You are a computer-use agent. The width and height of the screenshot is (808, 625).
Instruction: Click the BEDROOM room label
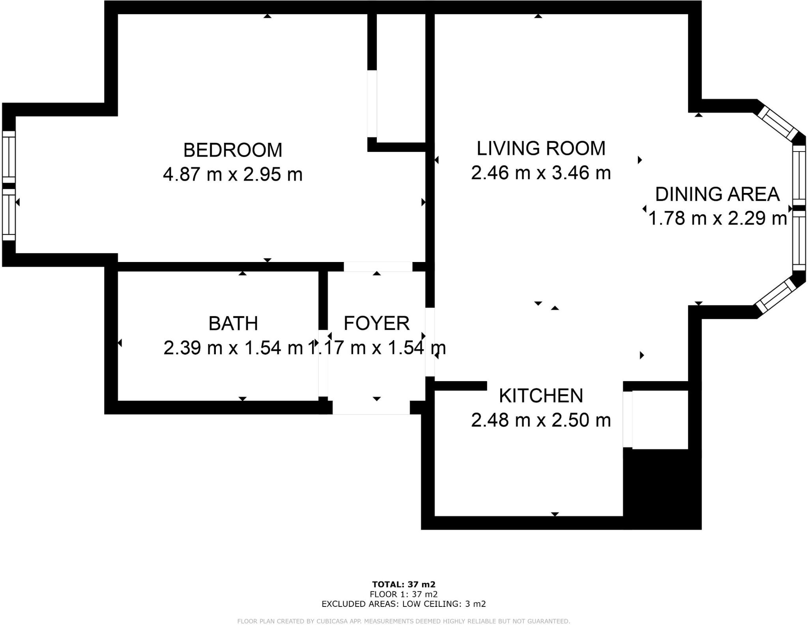pyautogui.click(x=232, y=150)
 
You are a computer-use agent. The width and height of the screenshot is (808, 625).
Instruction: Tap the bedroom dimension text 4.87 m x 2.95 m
pyautogui.click(x=232, y=174)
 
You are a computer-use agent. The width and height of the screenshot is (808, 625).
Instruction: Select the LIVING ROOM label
pyautogui.click(x=541, y=149)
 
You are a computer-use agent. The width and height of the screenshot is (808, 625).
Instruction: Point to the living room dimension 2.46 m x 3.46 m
pyautogui.click(x=541, y=173)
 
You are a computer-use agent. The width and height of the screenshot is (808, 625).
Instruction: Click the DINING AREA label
pyautogui.click(x=717, y=195)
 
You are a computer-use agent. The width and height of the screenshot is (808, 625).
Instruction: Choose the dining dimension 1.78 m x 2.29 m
pyautogui.click(x=717, y=218)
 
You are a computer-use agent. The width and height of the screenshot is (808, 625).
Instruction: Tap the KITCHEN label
pyautogui.click(x=541, y=396)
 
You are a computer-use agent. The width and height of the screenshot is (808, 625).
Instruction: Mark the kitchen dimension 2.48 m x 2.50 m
pyautogui.click(x=541, y=420)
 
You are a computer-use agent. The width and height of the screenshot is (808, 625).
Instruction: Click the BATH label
pyautogui.click(x=233, y=324)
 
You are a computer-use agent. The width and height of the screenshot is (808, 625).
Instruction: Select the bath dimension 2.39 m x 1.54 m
pyautogui.click(x=233, y=348)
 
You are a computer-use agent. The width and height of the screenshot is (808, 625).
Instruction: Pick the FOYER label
pyautogui.click(x=376, y=324)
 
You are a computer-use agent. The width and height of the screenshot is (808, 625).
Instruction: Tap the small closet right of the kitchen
pyautogui.click(x=660, y=419)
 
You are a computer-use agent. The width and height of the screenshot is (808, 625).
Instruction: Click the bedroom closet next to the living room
pyautogui.click(x=400, y=77)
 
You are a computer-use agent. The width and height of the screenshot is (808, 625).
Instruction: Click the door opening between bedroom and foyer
pyautogui.click(x=378, y=267)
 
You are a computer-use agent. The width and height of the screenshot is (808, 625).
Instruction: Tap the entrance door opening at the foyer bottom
pyautogui.click(x=371, y=408)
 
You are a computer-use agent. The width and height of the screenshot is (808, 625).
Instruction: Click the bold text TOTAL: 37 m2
pyautogui.click(x=403, y=584)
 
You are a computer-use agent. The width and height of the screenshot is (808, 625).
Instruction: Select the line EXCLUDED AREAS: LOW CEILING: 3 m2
pyautogui.click(x=403, y=604)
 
